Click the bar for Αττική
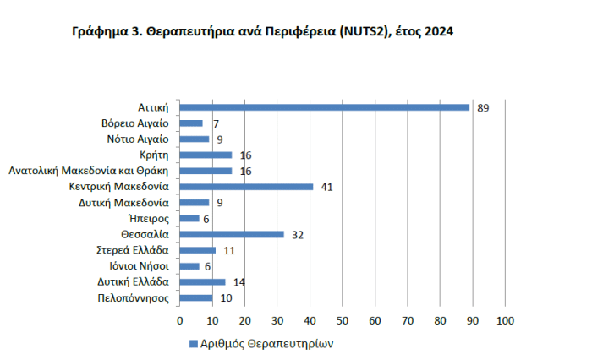[324, 107]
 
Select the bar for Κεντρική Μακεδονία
[246, 187]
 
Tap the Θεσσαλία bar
[232, 234]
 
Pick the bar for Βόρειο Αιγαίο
[191, 123]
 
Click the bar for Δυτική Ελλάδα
[202, 282]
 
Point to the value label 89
[484, 108]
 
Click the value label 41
[326, 187]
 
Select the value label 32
[298, 235]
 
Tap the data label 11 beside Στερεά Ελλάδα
[229, 251]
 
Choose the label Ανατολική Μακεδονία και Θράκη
[89, 171]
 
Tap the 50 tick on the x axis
[342, 321]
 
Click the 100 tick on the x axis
[505, 321]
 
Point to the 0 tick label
[179, 321]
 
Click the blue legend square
[194, 344]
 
